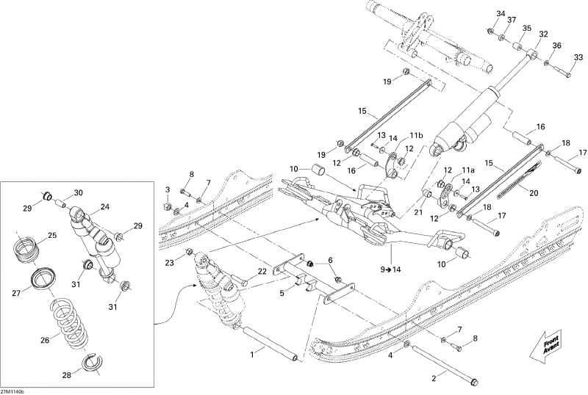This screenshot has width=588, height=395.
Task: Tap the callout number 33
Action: [578, 57]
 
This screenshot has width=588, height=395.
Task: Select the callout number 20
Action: [534, 193]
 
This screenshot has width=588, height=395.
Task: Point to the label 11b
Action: [416, 135]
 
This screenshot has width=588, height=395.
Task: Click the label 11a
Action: [467, 170]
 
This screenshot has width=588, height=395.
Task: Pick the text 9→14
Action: [390, 269]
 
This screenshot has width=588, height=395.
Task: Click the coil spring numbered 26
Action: [70, 322]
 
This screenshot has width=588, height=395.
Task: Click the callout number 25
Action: [51, 236]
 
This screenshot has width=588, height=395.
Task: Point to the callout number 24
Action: [104, 207]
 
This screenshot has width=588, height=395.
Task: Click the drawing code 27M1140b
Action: [12, 391]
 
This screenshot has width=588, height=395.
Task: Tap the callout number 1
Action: [252, 354]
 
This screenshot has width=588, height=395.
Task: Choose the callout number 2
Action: [434, 379]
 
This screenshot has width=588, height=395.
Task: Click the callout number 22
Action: [262, 272]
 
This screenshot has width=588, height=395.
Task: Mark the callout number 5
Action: [282, 294]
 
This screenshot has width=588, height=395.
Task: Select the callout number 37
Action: [512, 20]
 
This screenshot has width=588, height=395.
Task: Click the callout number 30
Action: [78, 192]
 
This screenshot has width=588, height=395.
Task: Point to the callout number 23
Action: [170, 263]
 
